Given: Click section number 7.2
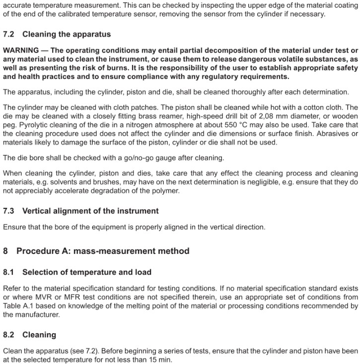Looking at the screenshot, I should (9, 35).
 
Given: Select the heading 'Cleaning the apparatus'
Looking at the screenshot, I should (67, 35).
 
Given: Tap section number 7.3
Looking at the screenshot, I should (9, 211).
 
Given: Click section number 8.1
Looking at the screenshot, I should (9, 272).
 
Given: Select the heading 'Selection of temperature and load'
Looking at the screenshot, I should (87, 272).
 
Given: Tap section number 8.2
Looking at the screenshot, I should (9, 335).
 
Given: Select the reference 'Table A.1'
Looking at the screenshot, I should (22, 306).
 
